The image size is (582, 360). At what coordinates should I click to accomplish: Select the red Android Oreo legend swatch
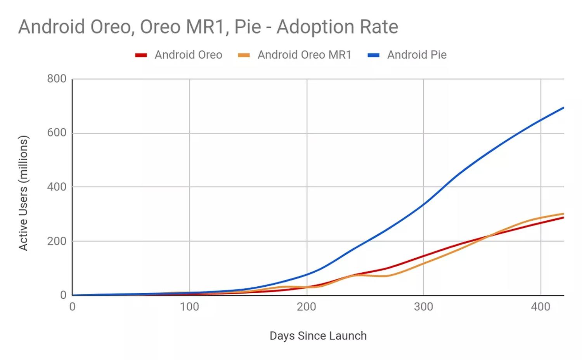[141, 55]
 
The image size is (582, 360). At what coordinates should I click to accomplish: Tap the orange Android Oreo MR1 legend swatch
[244, 55]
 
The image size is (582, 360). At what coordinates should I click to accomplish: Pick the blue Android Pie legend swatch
[373, 55]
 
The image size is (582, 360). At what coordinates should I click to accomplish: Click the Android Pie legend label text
[417, 55]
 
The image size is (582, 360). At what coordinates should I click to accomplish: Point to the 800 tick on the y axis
[57, 79]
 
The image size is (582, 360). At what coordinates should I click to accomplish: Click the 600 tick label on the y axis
[57, 133]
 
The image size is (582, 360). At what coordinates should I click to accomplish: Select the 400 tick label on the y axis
[57, 187]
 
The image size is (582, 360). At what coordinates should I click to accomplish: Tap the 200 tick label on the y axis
[57, 241]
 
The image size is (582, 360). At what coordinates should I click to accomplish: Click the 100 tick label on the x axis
[189, 307]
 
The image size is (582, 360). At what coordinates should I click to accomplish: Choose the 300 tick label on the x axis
[423, 307]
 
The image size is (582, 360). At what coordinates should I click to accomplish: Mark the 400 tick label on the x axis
[540, 307]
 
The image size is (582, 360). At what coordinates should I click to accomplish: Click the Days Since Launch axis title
[318, 336]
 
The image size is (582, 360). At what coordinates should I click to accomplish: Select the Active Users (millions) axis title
[23, 193]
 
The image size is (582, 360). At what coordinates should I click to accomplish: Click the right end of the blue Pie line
[563, 108]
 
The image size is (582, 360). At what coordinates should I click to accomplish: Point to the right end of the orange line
[563, 214]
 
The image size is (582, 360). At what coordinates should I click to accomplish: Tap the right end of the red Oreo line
[563, 218]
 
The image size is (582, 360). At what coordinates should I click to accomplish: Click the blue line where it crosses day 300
[423, 204]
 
